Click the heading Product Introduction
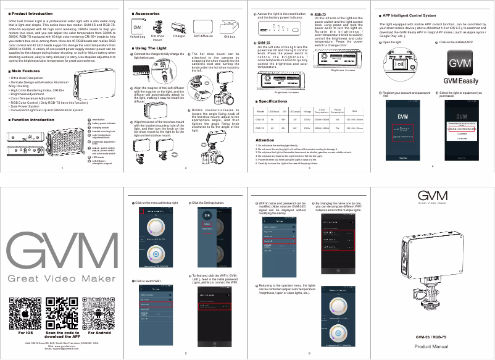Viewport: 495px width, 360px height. [31, 12]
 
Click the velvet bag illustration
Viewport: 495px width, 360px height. [138, 28]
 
